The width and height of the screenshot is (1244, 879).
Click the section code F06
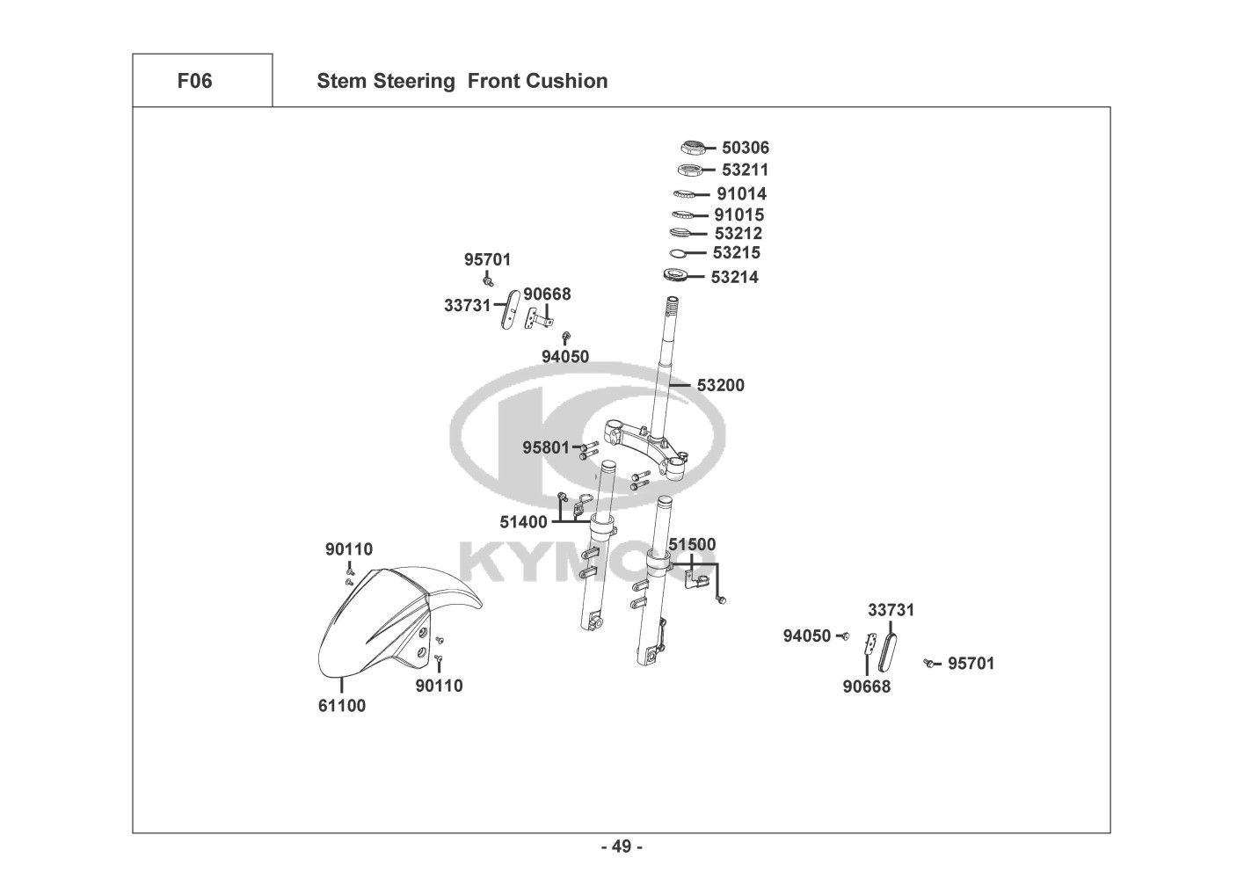click(194, 81)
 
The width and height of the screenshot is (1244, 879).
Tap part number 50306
click(746, 148)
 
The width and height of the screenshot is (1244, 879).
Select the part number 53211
click(746, 170)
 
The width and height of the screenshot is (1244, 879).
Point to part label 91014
click(741, 193)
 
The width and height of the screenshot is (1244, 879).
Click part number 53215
click(737, 253)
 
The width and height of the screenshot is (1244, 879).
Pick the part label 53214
click(735, 278)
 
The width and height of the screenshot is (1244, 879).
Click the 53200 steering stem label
click(721, 385)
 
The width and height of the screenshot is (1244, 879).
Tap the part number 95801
click(546, 447)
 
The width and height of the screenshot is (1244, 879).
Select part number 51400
click(524, 522)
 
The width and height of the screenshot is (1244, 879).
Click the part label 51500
click(692, 545)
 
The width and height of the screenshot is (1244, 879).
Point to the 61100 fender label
click(342, 705)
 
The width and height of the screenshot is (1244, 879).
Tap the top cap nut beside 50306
click(694, 148)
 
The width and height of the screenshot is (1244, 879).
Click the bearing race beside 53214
click(674, 277)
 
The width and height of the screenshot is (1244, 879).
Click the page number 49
click(622, 846)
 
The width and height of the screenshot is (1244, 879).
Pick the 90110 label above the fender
click(349, 549)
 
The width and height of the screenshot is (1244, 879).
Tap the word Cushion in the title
click(567, 81)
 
